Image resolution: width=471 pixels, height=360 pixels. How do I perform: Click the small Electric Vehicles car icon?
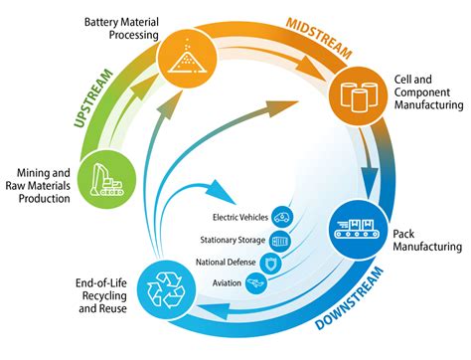click(x=283, y=216)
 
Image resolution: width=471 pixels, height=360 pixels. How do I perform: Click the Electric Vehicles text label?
click(x=238, y=217)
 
